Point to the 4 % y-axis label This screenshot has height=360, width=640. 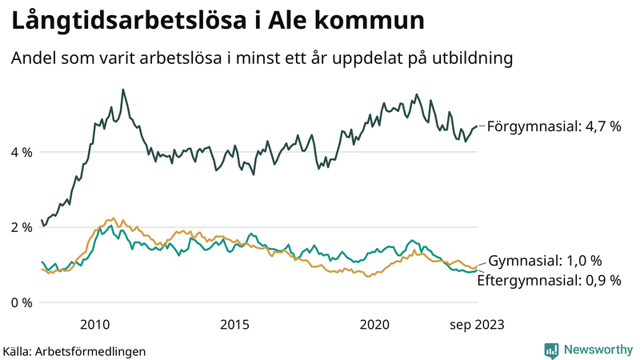tap(22, 152)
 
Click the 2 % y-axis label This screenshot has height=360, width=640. tap(22, 227)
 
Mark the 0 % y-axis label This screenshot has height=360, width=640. tap(22, 302)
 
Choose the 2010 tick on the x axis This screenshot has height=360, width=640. tap(94, 324)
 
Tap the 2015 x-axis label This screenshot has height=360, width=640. tap(234, 324)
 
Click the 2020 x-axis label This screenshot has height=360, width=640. tap(374, 324)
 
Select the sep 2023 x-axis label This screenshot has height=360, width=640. tap(477, 324)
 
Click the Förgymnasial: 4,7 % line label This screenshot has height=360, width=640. tap(554, 126)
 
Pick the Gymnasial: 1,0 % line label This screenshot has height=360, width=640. tap(545, 261)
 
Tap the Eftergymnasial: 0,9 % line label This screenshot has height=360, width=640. tap(549, 280)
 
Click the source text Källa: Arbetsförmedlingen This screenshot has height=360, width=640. tap(74, 350)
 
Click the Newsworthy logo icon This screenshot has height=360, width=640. tap(551, 350)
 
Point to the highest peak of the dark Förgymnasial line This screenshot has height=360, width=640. tap(122, 90)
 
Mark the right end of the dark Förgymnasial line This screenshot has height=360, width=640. tap(477, 126)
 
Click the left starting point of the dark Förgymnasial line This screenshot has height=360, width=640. tap(42, 220)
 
